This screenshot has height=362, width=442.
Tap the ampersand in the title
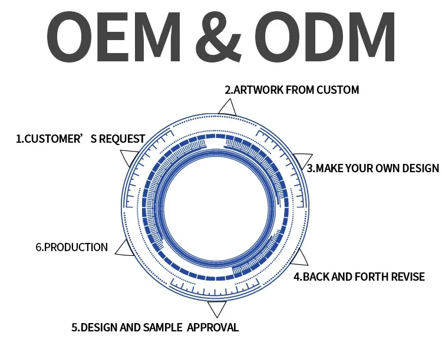(222, 37)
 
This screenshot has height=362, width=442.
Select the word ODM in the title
(328, 37)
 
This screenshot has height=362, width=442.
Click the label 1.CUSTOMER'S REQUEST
(80, 139)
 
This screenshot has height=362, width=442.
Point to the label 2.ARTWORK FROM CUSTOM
(291, 90)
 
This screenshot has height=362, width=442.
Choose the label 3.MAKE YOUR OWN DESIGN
(373, 168)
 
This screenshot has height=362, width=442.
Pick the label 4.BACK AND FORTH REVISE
(359, 277)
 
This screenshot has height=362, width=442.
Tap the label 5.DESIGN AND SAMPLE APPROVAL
(155, 327)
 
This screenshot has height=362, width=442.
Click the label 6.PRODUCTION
(72, 248)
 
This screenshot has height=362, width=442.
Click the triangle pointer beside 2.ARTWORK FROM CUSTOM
(226, 107)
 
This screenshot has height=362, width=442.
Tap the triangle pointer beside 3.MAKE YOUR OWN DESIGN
(303, 162)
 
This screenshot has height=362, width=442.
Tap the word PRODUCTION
(76, 248)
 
